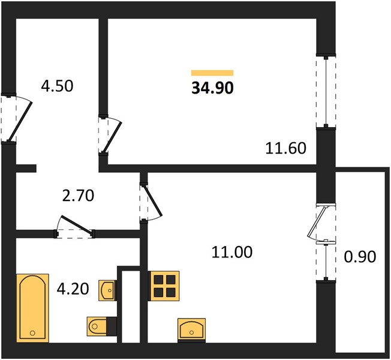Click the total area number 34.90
pyautogui.click(x=212, y=88)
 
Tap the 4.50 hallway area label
pyautogui.click(x=57, y=86)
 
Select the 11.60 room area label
pyautogui.click(x=285, y=148)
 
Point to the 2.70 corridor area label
pyautogui.click(x=78, y=196)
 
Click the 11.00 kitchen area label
pyautogui.click(x=232, y=252)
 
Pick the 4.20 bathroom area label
pyautogui.click(x=73, y=289)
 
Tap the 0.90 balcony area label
pyautogui.click(x=360, y=257)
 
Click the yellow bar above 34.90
pyautogui.click(x=212, y=73)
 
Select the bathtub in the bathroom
pyautogui.click(x=32, y=308)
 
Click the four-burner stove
pyautogui.click(x=164, y=286)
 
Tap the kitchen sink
pyautogui.click(x=191, y=330)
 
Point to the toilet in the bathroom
pyautogui.click(x=102, y=326)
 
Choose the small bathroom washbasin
pyautogui.click(x=108, y=290)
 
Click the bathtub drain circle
pyautogui.click(x=32, y=333)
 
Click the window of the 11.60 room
pyautogui.click(x=326, y=92)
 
